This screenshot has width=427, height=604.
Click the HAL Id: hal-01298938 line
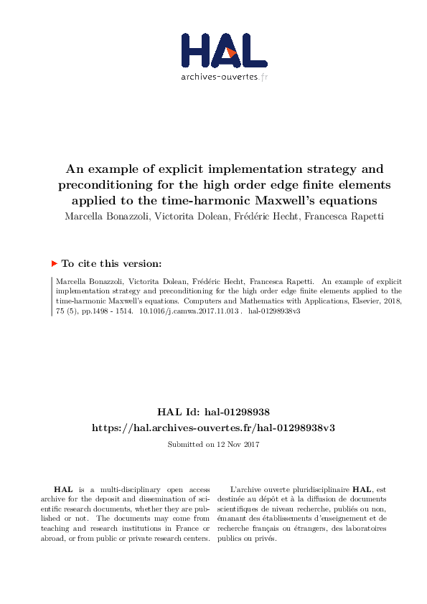tap(213, 412)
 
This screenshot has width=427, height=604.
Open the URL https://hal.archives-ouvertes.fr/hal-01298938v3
tap(213, 428)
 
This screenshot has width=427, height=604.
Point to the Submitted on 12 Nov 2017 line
tap(213, 445)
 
